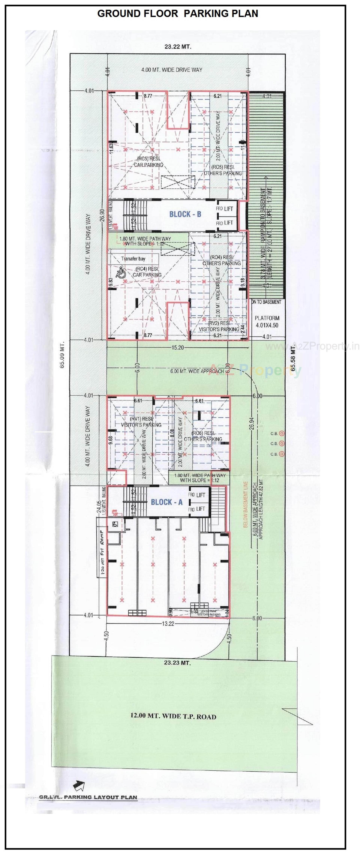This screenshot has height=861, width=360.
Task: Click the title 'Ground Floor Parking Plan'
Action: tap(178, 14)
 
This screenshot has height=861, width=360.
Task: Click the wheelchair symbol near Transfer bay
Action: tap(121, 272)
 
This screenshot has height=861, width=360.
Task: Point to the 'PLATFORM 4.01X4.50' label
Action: tap(267, 321)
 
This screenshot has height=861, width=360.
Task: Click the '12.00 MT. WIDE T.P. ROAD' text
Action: tap(173, 716)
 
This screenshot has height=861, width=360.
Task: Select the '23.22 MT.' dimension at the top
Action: tap(178, 47)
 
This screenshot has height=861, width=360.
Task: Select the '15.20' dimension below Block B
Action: tap(178, 348)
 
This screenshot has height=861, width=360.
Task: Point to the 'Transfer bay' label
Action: tap(133, 259)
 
